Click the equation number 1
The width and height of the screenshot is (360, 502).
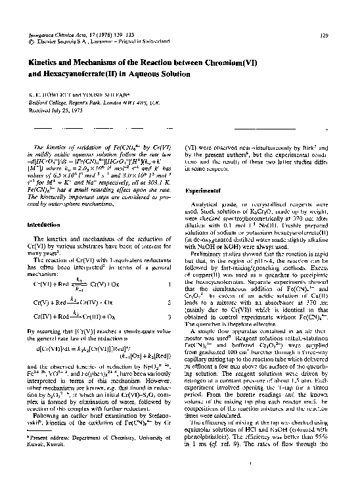coord(169,284)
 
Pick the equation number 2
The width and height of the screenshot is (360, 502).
coord(169,300)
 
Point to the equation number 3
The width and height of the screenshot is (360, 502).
coord(169,317)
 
